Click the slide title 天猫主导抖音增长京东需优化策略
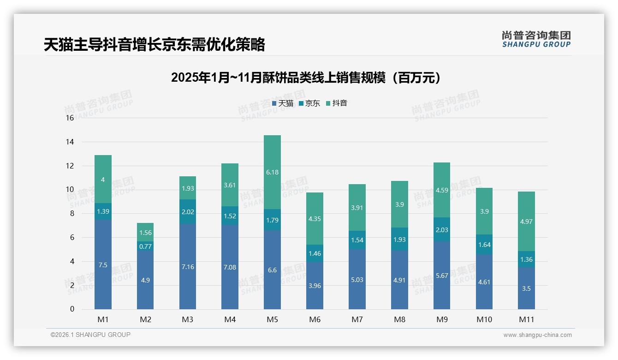[154, 44]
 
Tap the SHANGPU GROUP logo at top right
[536, 39]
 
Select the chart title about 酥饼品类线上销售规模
[306, 78]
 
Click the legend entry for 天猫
[282, 103]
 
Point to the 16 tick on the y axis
[70, 118]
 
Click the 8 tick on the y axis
[71, 214]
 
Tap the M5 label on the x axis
[272, 319]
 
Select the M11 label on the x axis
[526, 319]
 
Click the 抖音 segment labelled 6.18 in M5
[272, 172]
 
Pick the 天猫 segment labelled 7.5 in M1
[103, 265]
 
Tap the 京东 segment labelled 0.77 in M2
[145, 246]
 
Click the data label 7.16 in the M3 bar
[187, 267]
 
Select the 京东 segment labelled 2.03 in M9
[441, 230]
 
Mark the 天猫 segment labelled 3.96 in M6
[315, 286]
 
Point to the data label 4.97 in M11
[526, 222]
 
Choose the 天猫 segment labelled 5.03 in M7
[357, 279]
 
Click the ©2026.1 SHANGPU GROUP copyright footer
[90, 335]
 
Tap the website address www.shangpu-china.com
[537, 335]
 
